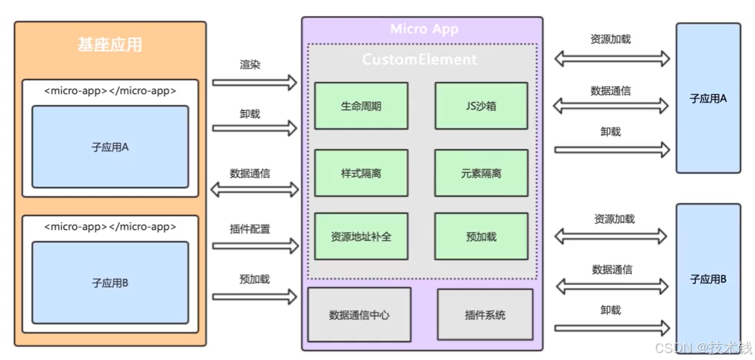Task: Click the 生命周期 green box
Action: pyautogui.click(x=361, y=106)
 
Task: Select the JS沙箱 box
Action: pyautogui.click(x=480, y=106)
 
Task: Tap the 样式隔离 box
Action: pyautogui.click(x=361, y=172)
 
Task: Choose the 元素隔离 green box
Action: pyautogui.click(x=480, y=172)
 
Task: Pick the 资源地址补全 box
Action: pyautogui.click(x=361, y=236)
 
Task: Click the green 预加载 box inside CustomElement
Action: pyautogui.click(x=480, y=236)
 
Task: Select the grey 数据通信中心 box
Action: pyautogui.click(x=359, y=314)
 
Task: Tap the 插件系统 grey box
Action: pyautogui.click(x=485, y=314)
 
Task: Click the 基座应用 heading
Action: pyautogui.click(x=110, y=46)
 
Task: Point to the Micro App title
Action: pyautogui.click(x=424, y=29)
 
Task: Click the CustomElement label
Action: pyautogui.click(x=420, y=60)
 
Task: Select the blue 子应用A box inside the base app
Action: pyautogui.click(x=110, y=147)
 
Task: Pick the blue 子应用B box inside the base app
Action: pyautogui.click(x=110, y=283)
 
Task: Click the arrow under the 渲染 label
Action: pyautogui.click(x=254, y=83)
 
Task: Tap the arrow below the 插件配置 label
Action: pyautogui.click(x=254, y=246)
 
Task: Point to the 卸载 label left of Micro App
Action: pyautogui.click(x=249, y=113)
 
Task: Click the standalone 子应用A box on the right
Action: pyautogui.click(x=707, y=98)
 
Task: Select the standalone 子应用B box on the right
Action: pyautogui.click(x=707, y=279)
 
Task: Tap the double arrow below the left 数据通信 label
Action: pyautogui.click(x=254, y=189)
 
